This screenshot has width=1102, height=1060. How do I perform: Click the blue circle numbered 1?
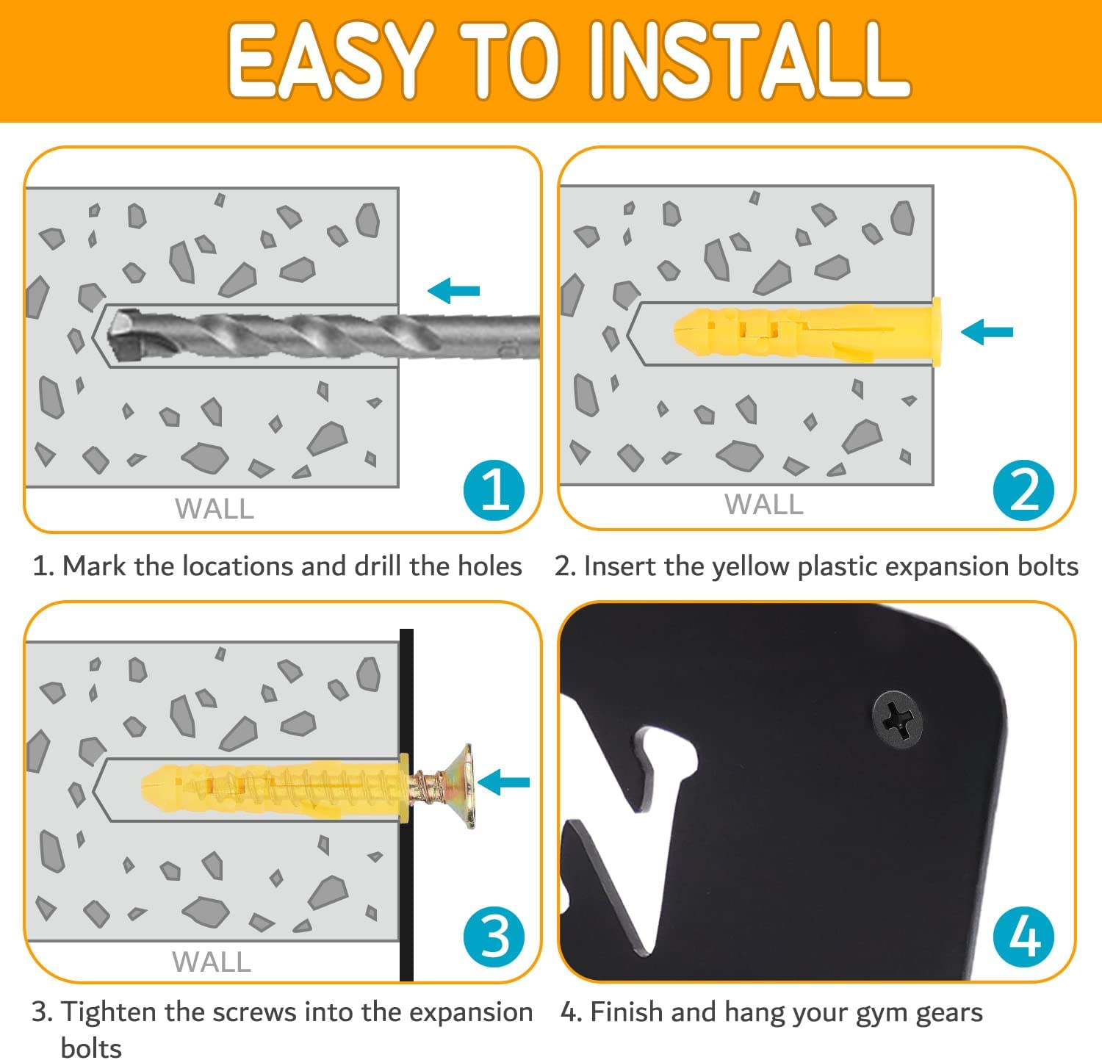coord(494,490)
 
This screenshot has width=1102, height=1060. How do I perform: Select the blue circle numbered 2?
coord(1023,490)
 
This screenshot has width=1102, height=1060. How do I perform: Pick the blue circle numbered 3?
coord(494,937)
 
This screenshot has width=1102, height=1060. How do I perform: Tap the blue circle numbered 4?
coord(1023,937)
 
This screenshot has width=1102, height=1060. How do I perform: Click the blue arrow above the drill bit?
coord(453,291)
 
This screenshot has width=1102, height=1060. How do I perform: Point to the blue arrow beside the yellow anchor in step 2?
coord(987,332)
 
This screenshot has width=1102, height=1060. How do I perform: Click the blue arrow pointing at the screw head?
coord(503,782)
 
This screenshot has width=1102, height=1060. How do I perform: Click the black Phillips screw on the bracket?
coord(898,719)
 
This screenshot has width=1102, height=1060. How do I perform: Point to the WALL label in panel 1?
coord(215,508)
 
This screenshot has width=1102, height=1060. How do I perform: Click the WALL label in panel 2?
coord(764,505)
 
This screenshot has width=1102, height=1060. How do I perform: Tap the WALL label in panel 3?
coord(212,962)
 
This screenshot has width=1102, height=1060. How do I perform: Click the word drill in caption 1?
coord(378,566)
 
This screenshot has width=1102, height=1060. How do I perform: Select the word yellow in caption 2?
coord(744,567)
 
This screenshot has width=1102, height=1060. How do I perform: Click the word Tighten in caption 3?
coord(109,1013)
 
